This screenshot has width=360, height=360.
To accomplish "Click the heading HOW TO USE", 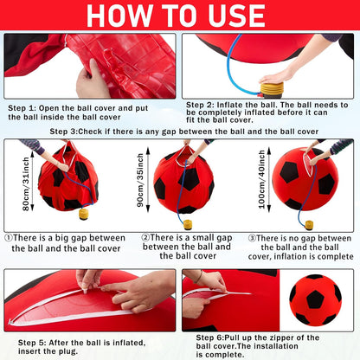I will click(x=180, y=16).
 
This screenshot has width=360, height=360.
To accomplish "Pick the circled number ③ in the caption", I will click(x=251, y=237).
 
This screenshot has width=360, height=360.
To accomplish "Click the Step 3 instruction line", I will click(x=183, y=131).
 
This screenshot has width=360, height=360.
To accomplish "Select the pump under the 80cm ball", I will click(x=84, y=213).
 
